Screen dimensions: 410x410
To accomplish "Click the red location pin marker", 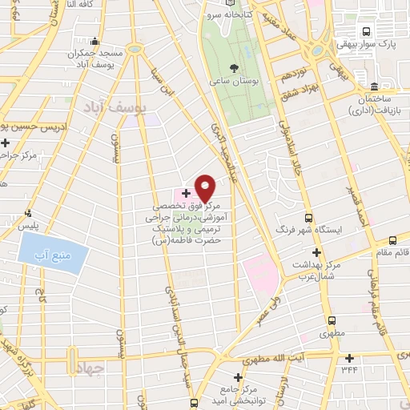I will [x=206, y=187].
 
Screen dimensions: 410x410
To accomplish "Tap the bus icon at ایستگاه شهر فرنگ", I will [x=309, y=217].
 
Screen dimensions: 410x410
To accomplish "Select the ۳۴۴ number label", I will [x=348, y=370].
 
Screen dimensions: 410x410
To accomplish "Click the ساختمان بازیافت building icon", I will [x=373, y=87].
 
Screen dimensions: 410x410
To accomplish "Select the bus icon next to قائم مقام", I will [x=392, y=240].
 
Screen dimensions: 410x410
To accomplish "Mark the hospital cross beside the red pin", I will [x=186, y=193].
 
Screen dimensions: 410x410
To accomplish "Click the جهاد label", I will [x=91, y=369].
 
